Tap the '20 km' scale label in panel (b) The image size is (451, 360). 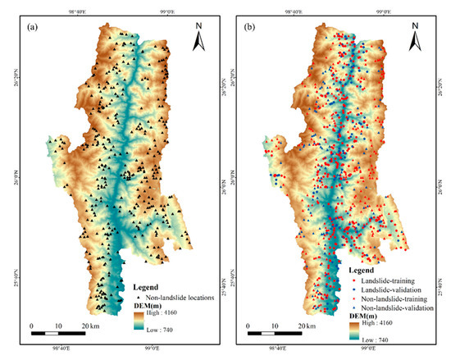point(303,326)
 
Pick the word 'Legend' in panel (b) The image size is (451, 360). point(360,270)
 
